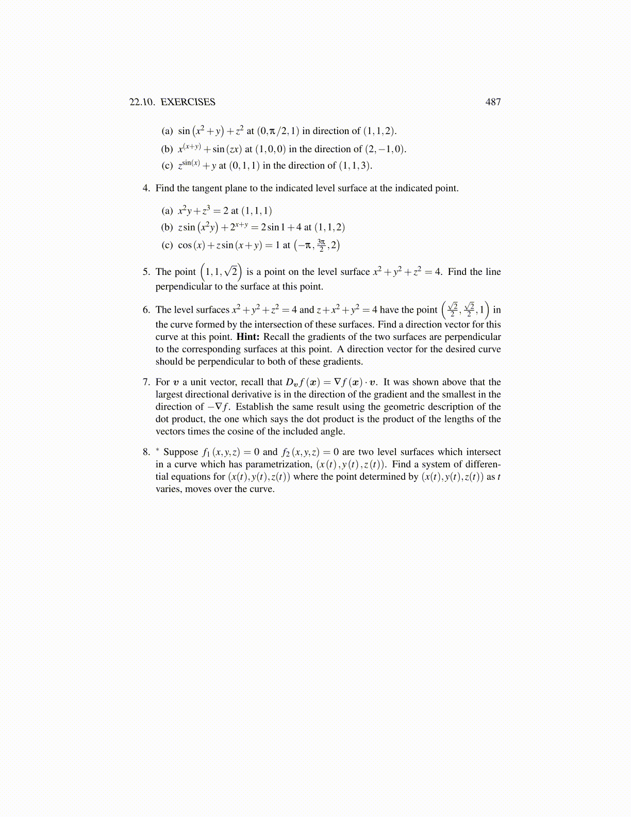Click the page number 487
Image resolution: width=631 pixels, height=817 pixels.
pos(493,102)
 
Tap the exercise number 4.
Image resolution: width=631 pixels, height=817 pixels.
pos(146,188)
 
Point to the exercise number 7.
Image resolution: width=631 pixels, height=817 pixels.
pos(146,382)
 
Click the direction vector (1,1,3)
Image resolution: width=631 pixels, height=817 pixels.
pos(355,166)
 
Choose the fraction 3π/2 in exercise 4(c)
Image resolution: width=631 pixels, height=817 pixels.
pos(321,245)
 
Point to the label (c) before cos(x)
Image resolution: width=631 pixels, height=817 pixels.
pos(167,246)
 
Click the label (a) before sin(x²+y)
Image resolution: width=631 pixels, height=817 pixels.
pos(167,131)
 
